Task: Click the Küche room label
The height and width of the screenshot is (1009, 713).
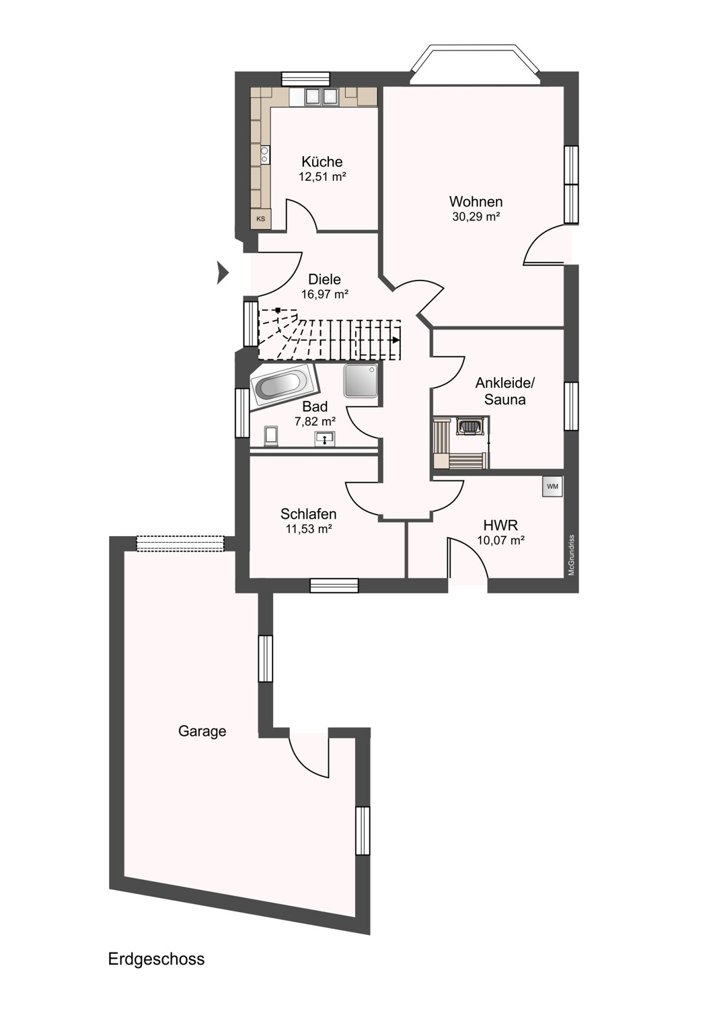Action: pyautogui.click(x=322, y=161)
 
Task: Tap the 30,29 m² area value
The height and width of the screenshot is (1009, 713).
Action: pyautogui.click(x=476, y=217)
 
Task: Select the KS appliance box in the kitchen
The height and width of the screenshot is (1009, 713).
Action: pyautogui.click(x=261, y=219)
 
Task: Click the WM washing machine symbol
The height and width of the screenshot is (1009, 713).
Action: pyautogui.click(x=552, y=486)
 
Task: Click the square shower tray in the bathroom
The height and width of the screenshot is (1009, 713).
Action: pyautogui.click(x=361, y=381)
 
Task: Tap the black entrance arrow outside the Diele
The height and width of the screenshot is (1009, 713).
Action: pyautogui.click(x=223, y=273)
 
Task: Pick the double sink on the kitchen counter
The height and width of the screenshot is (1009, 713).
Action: pyautogui.click(x=321, y=96)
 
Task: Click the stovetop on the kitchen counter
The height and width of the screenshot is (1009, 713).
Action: pyautogui.click(x=264, y=155)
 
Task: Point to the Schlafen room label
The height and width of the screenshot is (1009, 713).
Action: pyautogui.click(x=309, y=514)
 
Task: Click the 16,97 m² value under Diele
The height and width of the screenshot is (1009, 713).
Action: pyautogui.click(x=325, y=295)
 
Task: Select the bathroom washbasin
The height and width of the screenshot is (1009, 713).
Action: pyautogui.click(x=324, y=439)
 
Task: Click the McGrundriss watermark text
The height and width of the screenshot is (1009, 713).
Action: pyautogui.click(x=571, y=555)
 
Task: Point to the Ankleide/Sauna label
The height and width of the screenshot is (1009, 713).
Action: pyautogui.click(x=505, y=391)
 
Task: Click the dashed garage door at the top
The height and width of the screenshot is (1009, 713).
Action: pyautogui.click(x=180, y=544)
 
